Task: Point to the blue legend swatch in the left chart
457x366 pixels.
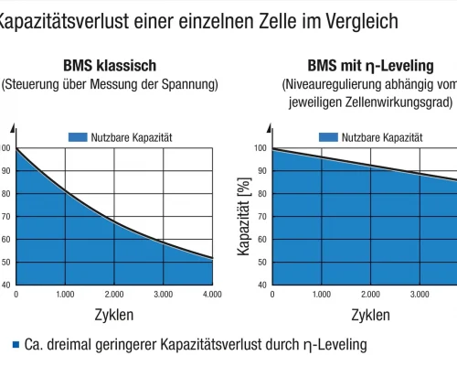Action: (x=77, y=137)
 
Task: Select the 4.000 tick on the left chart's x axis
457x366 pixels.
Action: (x=211, y=295)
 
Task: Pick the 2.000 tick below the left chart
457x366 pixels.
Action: (x=113, y=295)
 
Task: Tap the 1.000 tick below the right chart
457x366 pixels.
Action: (x=321, y=295)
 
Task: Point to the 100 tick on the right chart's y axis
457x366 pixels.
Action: (x=261, y=148)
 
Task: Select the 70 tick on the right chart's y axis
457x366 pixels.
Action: (x=262, y=217)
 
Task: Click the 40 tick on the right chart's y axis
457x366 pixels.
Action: (x=262, y=285)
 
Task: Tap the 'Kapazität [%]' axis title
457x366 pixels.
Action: (x=244, y=215)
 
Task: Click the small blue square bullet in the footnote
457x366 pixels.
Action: (x=16, y=346)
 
